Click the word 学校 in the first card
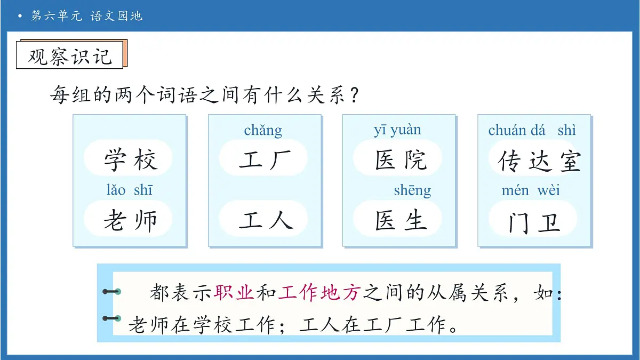pyautogui.click(x=130, y=159)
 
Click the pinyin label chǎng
pyautogui.click(x=263, y=130)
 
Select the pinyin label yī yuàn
pyautogui.click(x=397, y=130)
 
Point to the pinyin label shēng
pyautogui.click(x=412, y=190)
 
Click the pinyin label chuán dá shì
pyautogui.click(x=532, y=130)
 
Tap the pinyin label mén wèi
pyautogui.click(x=531, y=190)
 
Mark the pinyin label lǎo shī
pyautogui.click(x=129, y=190)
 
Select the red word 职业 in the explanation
pyautogui.click(x=234, y=292)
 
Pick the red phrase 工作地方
pyautogui.click(x=319, y=292)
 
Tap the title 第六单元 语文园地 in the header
pyautogui.click(x=87, y=16)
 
